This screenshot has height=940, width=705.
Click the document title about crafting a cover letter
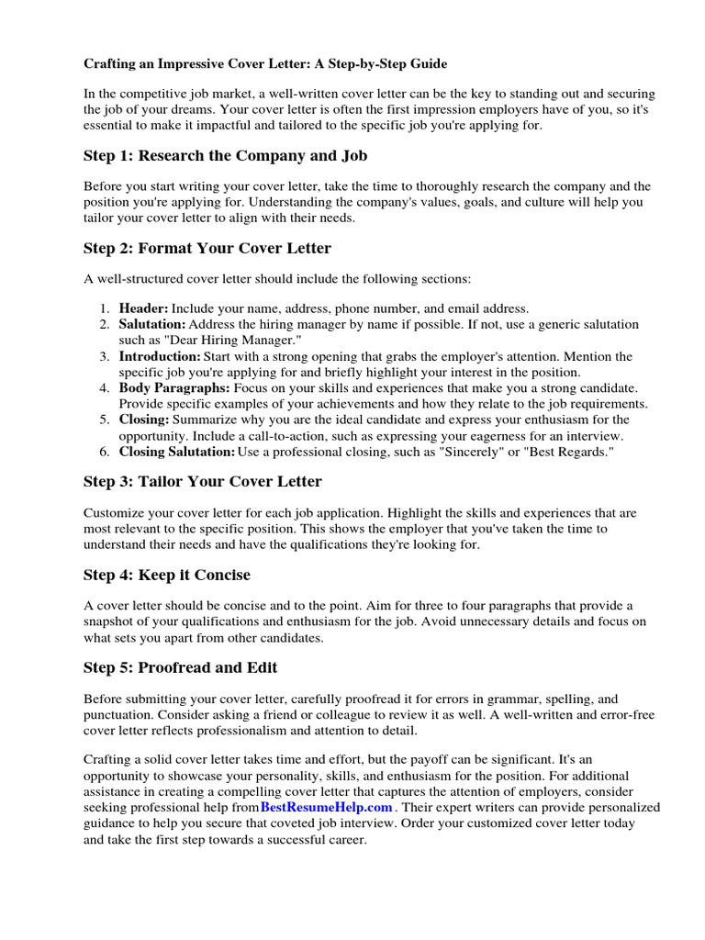pos(266,64)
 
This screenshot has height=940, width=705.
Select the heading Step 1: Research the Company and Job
pos(226,155)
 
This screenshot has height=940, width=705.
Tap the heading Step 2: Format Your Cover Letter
pos(207,248)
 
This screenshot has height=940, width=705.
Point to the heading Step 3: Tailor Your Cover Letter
pos(203,481)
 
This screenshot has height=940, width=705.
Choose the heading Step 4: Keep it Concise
pos(167,575)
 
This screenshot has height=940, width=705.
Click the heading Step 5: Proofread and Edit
pos(180,667)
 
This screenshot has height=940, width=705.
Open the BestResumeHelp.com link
pos(327,807)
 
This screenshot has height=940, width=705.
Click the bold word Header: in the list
pos(143,309)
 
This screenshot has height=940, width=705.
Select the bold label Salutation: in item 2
pos(152,325)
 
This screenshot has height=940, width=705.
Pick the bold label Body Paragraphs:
pos(174,388)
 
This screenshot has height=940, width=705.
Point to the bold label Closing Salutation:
pos(176,452)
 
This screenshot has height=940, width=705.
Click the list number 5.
pos(105,420)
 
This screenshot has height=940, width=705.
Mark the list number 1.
pos(105,309)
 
